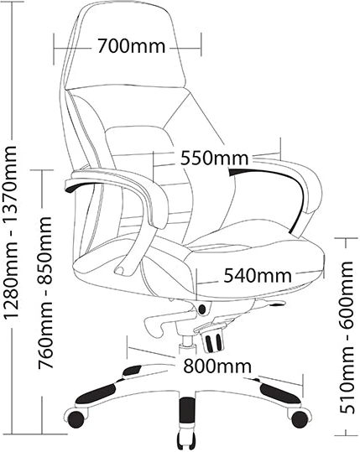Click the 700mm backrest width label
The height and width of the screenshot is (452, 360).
tap(131, 46)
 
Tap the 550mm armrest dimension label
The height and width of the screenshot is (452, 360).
tap(214, 158)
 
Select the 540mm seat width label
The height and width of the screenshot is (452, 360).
tap(258, 275)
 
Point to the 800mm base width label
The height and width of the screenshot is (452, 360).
tap(217, 366)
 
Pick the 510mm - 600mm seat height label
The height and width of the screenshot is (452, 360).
tap(347, 337)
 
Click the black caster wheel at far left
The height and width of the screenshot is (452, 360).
tap(76, 418)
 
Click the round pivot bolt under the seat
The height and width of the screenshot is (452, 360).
tap(202, 309)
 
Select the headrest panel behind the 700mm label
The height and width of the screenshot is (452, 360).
tap(124, 46)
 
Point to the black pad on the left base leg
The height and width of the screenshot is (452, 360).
tap(96, 394)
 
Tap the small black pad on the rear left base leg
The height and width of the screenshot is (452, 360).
tap(132, 371)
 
